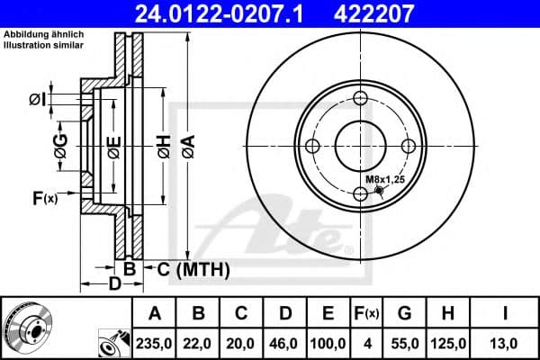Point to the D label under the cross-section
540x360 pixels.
pyautogui.click(x=114, y=284)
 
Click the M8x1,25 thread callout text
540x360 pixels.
pyautogui.click(x=384, y=179)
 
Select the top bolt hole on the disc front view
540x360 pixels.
pyautogui.click(x=360, y=99)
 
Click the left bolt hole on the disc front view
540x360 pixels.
pyautogui.click(x=312, y=147)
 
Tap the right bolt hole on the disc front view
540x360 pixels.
pyautogui.click(x=407, y=147)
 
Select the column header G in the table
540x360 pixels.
pyautogui.click(x=404, y=314)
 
